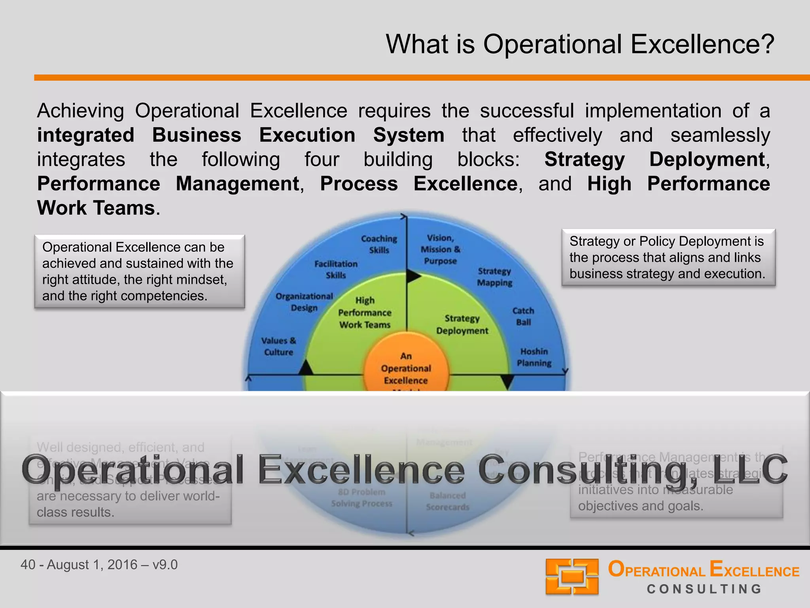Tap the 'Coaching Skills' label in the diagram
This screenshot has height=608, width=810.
(379, 244)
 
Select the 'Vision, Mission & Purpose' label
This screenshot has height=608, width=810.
(440, 249)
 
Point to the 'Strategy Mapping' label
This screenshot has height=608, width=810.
(494, 277)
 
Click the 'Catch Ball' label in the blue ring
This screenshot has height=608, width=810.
(523, 316)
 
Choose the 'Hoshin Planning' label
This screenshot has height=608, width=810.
(534, 357)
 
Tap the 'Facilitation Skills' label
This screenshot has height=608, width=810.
(336, 270)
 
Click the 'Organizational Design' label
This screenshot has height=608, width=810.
(304, 302)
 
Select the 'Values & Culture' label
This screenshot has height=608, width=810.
(278, 346)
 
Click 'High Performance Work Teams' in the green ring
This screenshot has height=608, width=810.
(365, 313)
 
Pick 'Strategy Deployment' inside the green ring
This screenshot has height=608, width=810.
(462, 325)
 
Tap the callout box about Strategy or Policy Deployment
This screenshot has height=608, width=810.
(668, 257)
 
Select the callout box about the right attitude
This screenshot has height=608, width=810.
(139, 272)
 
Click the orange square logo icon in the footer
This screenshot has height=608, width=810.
(572, 576)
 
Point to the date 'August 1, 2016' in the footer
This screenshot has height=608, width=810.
(92, 564)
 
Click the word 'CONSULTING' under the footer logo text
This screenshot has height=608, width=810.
(704, 589)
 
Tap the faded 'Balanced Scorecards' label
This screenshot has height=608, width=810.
(447, 501)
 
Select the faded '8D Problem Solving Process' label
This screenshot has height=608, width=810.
(361, 498)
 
